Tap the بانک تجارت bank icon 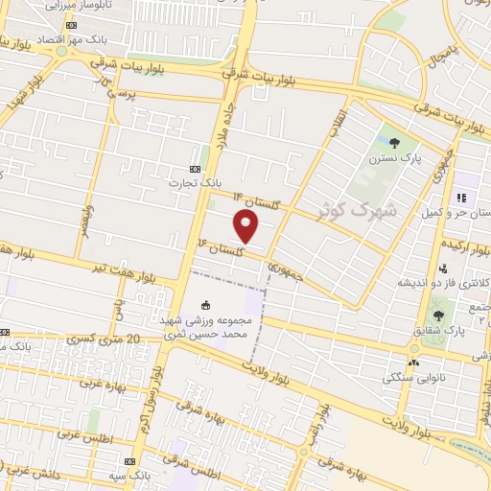198,166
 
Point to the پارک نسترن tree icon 395,144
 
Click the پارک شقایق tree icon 438,315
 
